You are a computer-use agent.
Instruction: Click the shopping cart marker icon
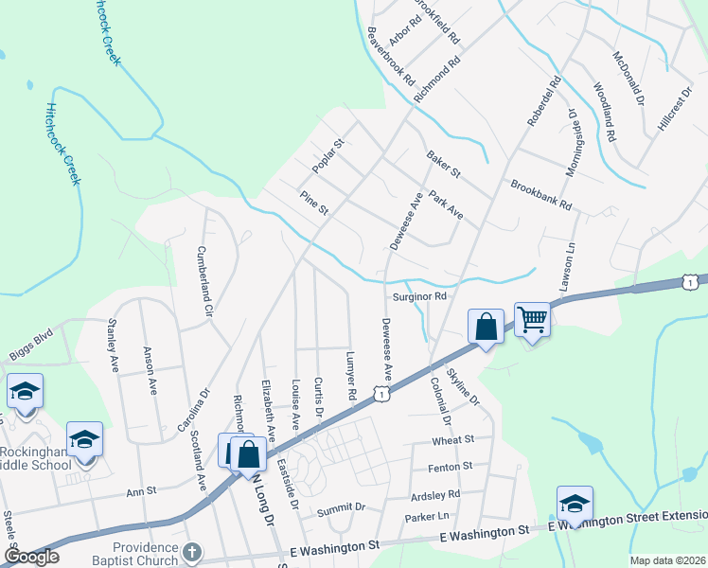pos(533,319)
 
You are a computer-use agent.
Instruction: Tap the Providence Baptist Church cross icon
pos(192,552)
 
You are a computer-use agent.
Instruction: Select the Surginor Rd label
pos(419,296)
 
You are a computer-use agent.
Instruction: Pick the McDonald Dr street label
pos(629,77)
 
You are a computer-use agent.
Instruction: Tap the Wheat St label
pos(452,440)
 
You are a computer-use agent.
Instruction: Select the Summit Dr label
pos(341,508)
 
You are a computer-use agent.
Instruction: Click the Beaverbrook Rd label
pos(391,57)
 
